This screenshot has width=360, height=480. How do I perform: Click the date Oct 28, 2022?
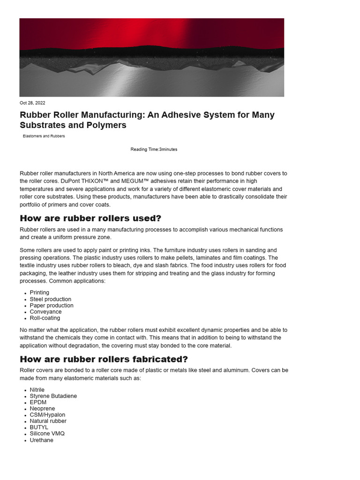pos(32,103)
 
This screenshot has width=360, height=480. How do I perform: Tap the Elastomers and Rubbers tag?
pos(44,136)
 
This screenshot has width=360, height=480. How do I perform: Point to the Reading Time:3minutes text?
pos(154,149)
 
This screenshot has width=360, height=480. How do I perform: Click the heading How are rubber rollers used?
pos(90,218)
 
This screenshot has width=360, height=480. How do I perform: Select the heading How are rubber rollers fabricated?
pos(104,360)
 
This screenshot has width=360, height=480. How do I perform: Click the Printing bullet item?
pos(39,292)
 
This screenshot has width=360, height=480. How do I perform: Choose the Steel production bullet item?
pos(51,299)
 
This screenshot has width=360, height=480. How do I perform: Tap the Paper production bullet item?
pos(52,305)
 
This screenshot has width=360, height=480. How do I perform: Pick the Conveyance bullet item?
pos(45,312)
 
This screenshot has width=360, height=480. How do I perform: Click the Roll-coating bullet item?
pos(45,318)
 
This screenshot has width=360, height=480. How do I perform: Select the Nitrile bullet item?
pos(37,390)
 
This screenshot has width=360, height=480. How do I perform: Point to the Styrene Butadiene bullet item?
pos(53,396)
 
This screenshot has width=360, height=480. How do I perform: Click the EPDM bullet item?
pos(38,402)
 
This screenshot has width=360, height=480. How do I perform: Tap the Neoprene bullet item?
pos(42,409)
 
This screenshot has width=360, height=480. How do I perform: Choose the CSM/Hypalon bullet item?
pos(47,415)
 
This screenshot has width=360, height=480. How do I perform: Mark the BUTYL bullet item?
pos(39,427)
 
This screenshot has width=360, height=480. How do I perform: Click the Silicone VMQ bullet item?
pos(47,434)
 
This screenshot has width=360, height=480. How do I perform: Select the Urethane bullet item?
pos(42,440)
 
